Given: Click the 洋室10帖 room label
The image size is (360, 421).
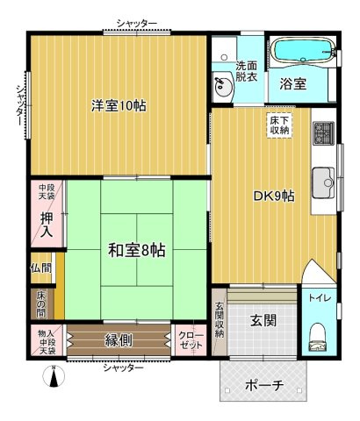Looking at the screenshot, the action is coord(119,105).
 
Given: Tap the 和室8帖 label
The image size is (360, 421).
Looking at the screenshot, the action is coord(137,250).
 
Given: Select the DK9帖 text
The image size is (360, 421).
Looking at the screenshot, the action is coord(274,196).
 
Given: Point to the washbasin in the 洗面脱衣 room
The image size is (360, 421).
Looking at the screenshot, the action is coord(223,86).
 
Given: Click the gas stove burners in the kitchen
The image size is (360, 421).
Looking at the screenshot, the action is coord(324,133).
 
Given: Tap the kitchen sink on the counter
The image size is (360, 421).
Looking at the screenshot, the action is coord(324,183).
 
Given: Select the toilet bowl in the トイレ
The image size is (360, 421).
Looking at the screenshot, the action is coord(318,337).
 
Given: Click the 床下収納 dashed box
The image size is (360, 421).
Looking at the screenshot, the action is coord(279,125).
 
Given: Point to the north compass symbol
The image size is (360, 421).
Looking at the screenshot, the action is coord(54,376).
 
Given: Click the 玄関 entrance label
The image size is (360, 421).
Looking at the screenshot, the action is coord(263,321).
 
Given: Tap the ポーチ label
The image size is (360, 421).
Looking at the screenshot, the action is coord(264,385).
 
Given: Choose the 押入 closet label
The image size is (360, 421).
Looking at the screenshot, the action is coord(47,225).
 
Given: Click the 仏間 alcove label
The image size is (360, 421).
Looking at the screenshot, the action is coord(41,268).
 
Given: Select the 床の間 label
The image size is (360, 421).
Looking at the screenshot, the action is coord(41,304).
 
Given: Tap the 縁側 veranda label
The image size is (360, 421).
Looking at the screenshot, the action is coord(119,340).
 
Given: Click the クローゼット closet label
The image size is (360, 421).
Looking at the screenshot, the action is coord(191,340).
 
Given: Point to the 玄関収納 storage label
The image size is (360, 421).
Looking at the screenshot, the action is coord(220,320).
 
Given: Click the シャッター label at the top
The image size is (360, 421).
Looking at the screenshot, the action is coord(137,24).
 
